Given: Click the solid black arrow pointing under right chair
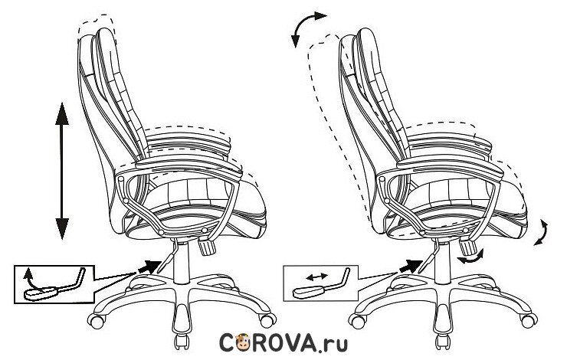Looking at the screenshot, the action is (411, 266).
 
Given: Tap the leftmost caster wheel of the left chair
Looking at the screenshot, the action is (96, 316).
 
